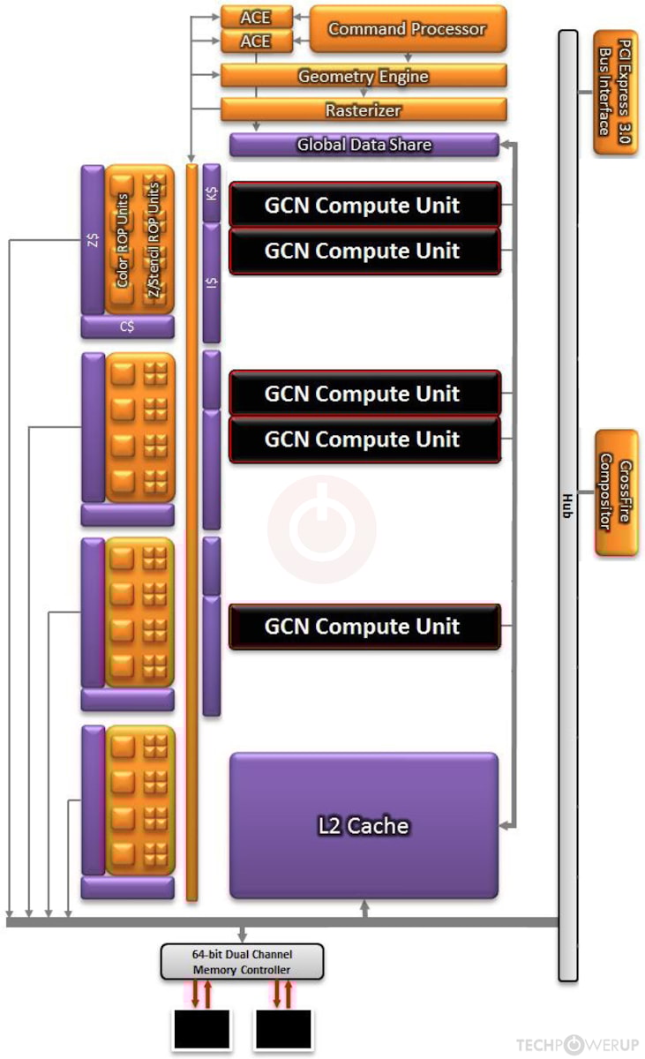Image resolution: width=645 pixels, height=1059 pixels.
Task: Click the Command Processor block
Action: (408, 29)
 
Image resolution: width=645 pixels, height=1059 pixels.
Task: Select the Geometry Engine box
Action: (363, 76)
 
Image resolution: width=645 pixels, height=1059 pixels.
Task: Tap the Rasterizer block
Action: (363, 110)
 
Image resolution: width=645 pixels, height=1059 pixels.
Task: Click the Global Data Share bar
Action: (364, 145)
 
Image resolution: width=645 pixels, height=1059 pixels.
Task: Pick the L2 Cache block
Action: (364, 826)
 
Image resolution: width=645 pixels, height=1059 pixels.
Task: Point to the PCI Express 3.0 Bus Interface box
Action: (615, 92)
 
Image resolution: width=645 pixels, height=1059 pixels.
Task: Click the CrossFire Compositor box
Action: (616, 492)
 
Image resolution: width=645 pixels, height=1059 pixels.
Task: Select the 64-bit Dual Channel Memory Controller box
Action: (242, 962)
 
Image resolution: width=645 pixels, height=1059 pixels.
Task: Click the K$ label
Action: (212, 192)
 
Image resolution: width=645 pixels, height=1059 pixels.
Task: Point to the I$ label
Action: (212, 282)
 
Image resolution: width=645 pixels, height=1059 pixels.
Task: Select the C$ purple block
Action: (128, 327)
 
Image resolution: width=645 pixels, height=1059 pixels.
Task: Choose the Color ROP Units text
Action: (123, 240)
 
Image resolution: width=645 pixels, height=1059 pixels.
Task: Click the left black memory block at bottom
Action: (200, 1029)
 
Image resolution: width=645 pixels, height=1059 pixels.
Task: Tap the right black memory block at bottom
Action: (283, 1029)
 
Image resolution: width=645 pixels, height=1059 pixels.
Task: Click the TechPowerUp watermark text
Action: (577, 1045)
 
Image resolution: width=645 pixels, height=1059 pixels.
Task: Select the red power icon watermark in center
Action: (322, 529)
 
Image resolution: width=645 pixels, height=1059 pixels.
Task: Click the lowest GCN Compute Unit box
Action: (364, 627)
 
